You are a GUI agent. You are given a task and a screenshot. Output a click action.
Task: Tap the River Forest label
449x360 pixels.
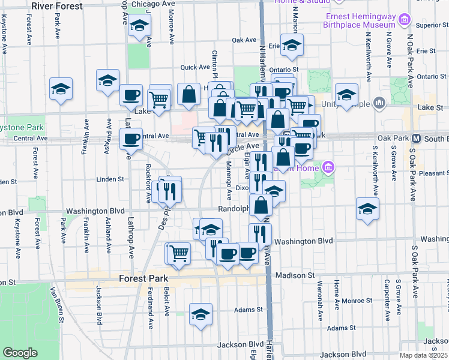[58, 6]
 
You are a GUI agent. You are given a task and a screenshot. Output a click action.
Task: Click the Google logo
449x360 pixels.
[20, 353]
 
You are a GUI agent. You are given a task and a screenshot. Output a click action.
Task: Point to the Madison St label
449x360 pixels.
[295, 275]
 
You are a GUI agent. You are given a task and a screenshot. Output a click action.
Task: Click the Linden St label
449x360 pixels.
[110, 179]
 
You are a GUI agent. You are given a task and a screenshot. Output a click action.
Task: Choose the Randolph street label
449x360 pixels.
[233, 209]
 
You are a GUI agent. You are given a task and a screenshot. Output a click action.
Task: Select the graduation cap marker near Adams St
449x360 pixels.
[201, 314]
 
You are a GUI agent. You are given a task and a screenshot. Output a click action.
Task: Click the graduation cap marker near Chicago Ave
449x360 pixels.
[139, 26]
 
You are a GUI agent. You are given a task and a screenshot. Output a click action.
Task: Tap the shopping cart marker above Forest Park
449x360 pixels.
[179, 253]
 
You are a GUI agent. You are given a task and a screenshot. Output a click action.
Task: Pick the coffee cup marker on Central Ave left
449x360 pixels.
[131, 139]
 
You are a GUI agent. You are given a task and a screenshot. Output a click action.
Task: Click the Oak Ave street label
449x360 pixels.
[244, 40]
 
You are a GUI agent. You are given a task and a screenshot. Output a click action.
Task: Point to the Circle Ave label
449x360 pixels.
[242, 147]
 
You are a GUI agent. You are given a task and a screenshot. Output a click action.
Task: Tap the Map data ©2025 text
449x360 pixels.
[424, 355]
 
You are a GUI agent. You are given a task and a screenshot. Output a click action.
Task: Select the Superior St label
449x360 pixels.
[429, 25]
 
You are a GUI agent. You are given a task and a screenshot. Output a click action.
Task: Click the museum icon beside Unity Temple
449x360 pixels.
[379, 104]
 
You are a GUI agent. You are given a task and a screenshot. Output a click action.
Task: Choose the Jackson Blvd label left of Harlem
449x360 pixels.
[232, 344]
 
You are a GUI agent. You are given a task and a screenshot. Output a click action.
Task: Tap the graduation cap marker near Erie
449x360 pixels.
[292, 45]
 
